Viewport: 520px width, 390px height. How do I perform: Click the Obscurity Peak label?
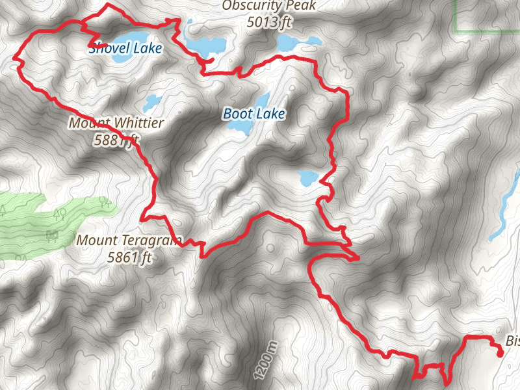(x=268, y=6)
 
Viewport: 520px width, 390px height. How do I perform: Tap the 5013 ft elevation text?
(x=268, y=22)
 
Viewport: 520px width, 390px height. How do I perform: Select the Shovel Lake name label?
(x=125, y=47)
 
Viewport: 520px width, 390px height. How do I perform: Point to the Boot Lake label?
(x=254, y=114)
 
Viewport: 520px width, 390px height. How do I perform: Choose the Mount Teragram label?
(x=129, y=240)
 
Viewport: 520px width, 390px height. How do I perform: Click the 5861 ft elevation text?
(x=129, y=257)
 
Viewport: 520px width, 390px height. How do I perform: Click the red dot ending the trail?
(x=499, y=354)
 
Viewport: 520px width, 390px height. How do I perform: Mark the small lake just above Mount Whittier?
(x=152, y=102)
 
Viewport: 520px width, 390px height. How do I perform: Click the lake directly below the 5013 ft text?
(x=296, y=43)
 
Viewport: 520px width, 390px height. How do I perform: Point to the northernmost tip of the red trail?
(x=107, y=5)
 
